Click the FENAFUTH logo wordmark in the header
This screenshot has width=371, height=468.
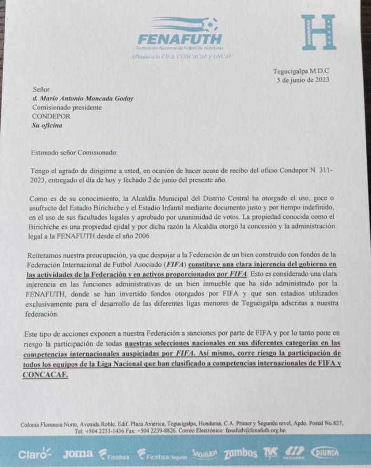(x=180, y=39)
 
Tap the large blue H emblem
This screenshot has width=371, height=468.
(x=318, y=32)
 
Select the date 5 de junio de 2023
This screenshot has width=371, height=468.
(x=303, y=80)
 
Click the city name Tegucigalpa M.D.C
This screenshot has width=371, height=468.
(x=301, y=71)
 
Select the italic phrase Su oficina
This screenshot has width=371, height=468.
(x=47, y=126)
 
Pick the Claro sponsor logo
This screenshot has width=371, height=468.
(x=35, y=453)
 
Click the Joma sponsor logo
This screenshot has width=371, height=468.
(x=78, y=453)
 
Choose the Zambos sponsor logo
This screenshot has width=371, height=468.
(x=240, y=453)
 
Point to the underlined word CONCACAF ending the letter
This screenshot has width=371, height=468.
(x=46, y=374)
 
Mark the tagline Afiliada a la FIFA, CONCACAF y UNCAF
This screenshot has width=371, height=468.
(x=180, y=56)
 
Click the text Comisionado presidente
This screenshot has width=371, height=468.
(x=67, y=108)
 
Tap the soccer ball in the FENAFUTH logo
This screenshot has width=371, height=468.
(x=210, y=24)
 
